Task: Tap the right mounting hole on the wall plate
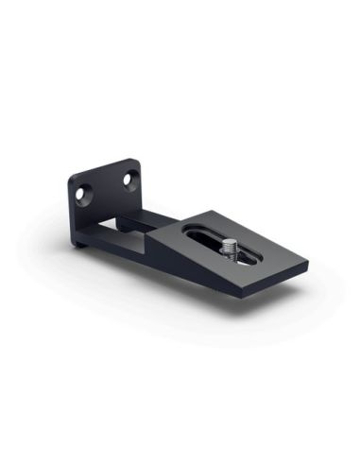point(129,178)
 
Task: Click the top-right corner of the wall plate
point(135,161)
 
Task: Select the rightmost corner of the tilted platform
point(308,274)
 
